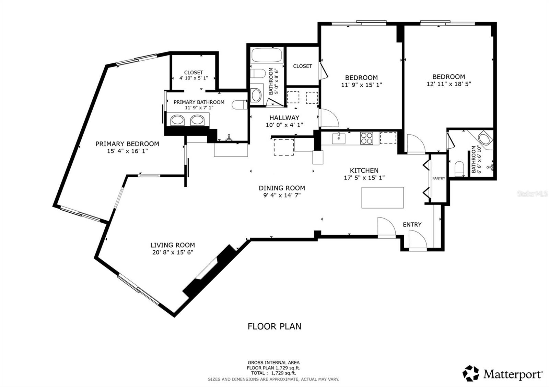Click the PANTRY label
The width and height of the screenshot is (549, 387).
439,178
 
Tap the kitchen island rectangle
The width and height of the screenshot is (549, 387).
383,198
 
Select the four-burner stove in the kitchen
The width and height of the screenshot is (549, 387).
366,138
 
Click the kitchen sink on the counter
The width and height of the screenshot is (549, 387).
339,138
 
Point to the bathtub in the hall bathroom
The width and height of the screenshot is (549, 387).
267,55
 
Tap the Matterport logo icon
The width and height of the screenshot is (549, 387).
470,373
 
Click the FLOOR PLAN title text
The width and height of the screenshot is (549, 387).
274,326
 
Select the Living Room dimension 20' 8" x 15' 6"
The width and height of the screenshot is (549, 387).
173,252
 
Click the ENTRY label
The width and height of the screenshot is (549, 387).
412,224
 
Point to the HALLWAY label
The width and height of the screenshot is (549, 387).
284,118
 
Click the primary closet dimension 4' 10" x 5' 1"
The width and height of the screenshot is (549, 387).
194,78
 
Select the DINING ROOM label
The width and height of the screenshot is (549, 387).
282,188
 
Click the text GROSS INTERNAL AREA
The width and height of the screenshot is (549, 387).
273,363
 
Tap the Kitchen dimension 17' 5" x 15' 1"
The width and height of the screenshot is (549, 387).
364,178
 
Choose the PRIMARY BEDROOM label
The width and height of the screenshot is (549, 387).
127,144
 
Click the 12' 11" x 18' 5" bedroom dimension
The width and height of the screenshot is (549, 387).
449,84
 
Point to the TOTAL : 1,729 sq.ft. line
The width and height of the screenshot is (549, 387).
273,373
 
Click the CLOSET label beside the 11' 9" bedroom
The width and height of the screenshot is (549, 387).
302,66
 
